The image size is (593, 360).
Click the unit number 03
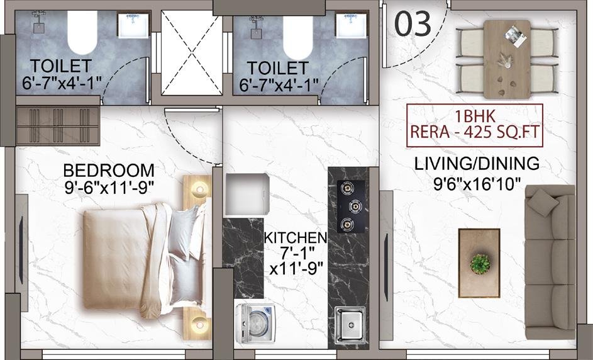pos(413,23)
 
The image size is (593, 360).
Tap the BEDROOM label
pos(109,171)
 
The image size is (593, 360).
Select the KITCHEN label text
pos(296,238)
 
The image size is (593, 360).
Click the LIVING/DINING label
pos(477,164)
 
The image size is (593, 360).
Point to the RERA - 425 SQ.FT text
pos(475,132)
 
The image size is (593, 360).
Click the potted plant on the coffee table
pos(480,264)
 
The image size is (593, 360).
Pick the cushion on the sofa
pos(543,203)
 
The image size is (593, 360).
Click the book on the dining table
pos(516,37)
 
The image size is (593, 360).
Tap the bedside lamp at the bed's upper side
pos(199,189)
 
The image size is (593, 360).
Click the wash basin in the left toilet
pos(133,26)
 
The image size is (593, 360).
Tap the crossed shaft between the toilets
pos(191,53)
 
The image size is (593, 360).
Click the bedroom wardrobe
pos(58,126)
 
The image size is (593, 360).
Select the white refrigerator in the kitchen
pos(247,194)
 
